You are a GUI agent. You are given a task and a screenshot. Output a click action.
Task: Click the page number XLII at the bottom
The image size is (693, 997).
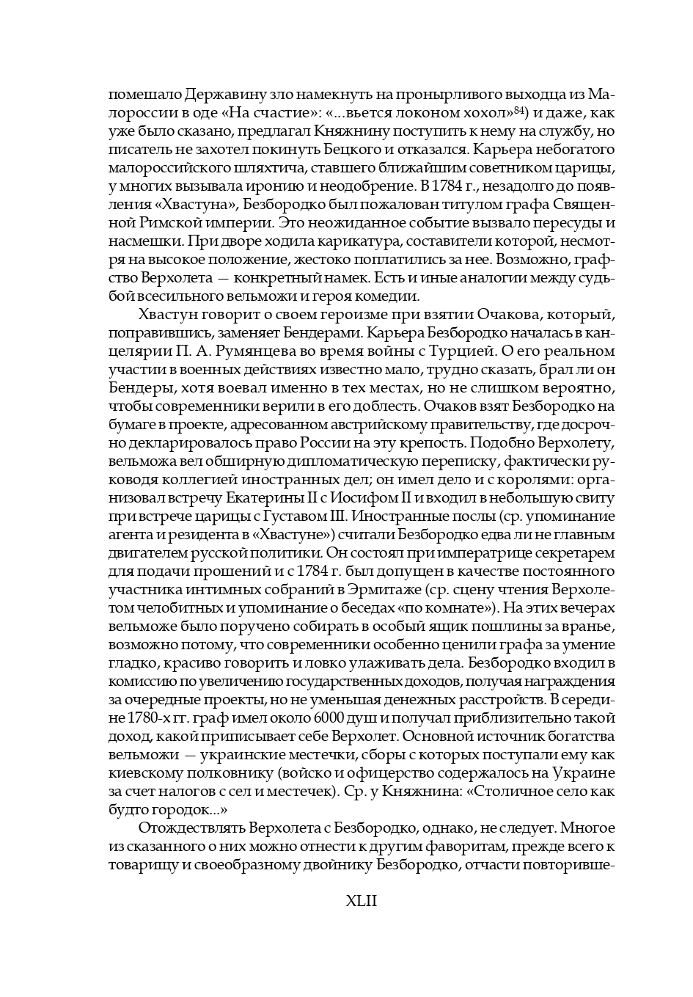point(361,901)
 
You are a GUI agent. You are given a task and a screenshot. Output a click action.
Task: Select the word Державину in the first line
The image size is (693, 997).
point(217,95)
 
